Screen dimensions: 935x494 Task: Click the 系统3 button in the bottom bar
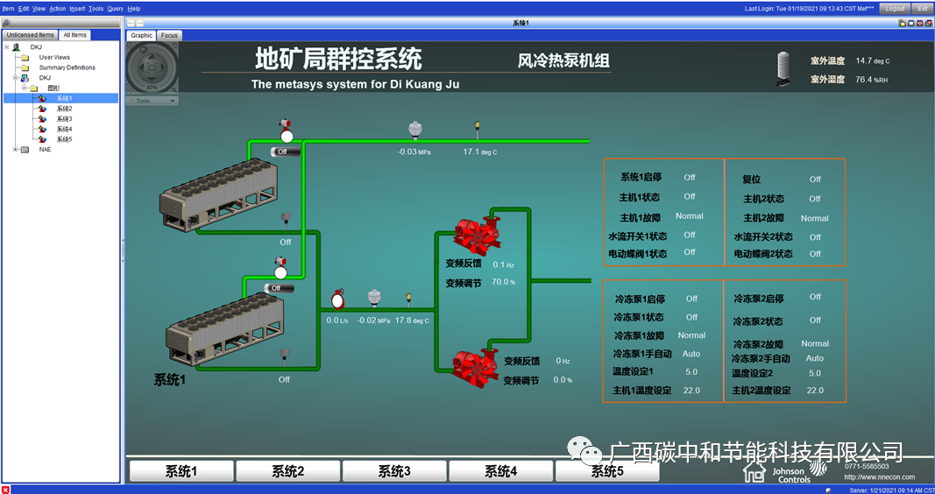point(394,471)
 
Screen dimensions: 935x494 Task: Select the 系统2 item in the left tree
point(64,109)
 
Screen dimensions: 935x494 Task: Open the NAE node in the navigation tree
point(45,149)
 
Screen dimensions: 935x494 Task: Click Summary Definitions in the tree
point(67,67)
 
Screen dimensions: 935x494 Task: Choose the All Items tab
point(74,35)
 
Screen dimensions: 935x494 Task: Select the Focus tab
point(169,36)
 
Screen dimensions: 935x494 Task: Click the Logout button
point(895,8)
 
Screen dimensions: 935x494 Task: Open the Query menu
point(115,8)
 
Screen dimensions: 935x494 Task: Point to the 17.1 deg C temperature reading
point(479,152)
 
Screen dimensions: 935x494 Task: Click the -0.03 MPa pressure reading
point(414,152)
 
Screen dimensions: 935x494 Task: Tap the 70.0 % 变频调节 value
point(503,282)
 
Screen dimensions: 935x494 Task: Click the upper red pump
point(476,233)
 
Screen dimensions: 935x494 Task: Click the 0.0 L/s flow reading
point(337,321)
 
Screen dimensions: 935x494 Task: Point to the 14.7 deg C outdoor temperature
point(872,60)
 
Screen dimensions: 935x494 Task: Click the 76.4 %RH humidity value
point(872,80)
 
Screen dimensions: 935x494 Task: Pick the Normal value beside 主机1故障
point(689,215)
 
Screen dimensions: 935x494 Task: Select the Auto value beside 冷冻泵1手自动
point(691,354)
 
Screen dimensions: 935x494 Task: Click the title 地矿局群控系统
point(338,59)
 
